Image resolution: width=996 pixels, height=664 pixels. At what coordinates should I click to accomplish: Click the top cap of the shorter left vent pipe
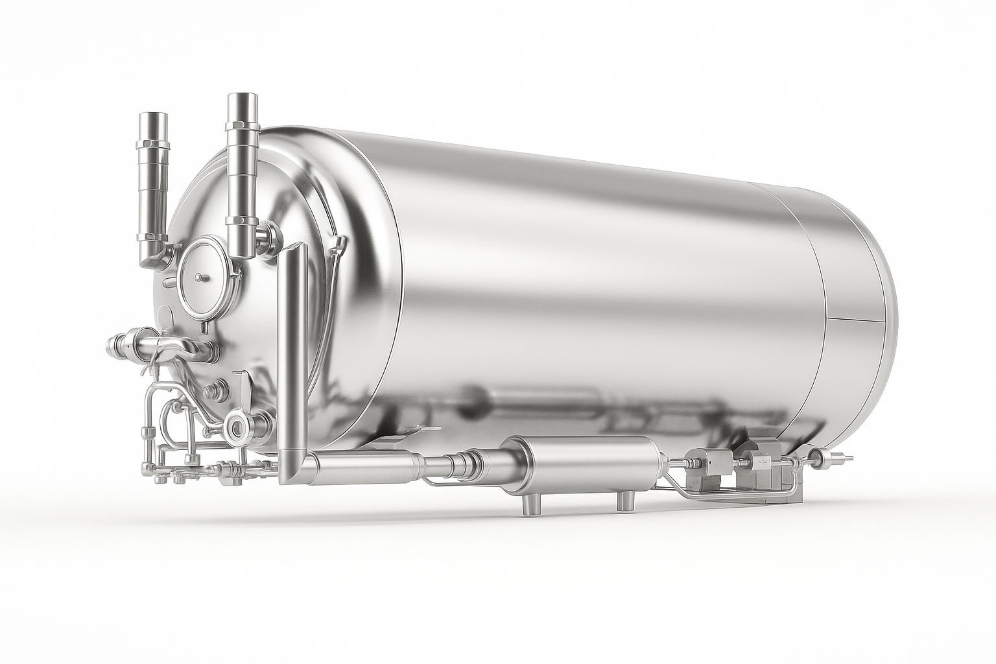(x=153, y=120)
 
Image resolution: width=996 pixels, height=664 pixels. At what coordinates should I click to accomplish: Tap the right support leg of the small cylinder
(x=626, y=500)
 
